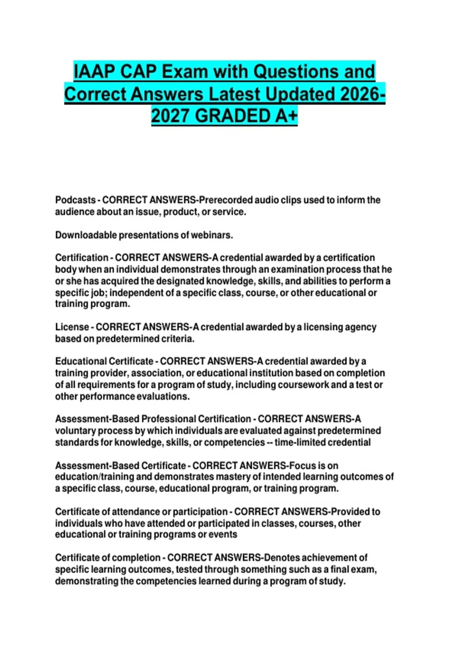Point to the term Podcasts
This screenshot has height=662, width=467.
pyautogui.click(x=75, y=200)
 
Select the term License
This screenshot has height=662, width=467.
pyautogui.click(x=72, y=327)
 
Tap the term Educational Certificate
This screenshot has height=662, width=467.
pyautogui.click(x=104, y=361)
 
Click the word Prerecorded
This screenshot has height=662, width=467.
pyautogui.click(x=226, y=200)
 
